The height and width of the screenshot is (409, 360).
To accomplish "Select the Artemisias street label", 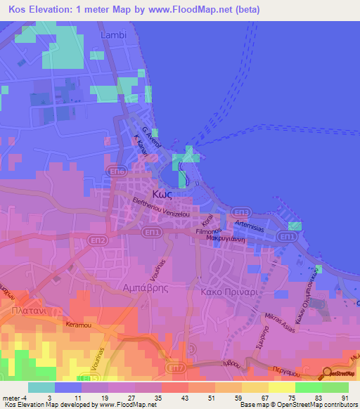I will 250,224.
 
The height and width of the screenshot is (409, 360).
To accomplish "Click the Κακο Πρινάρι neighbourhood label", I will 226,290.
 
